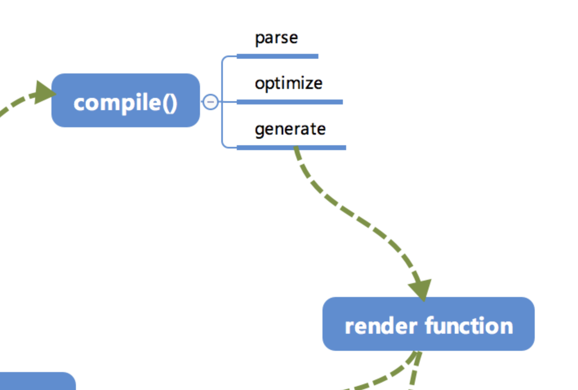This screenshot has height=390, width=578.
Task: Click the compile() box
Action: pos(126,100)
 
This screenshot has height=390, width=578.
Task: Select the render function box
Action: pos(428,324)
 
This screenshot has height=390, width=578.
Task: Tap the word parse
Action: pos(276,39)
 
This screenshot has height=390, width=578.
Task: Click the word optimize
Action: pos(289,84)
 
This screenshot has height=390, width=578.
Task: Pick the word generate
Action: pos(290,129)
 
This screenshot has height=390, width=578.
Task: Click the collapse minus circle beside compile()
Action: pos(210,102)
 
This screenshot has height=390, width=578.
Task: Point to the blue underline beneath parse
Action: pos(278,56)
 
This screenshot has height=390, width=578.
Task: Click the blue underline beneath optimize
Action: pos(289,102)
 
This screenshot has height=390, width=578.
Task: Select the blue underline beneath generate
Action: pos(291,148)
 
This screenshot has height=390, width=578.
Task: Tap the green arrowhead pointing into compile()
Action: pos(44,92)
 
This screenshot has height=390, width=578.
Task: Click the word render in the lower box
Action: pos(381,326)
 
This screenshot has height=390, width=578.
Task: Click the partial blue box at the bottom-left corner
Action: pos(38,381)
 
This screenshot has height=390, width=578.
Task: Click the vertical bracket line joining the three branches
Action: pos(222,102)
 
